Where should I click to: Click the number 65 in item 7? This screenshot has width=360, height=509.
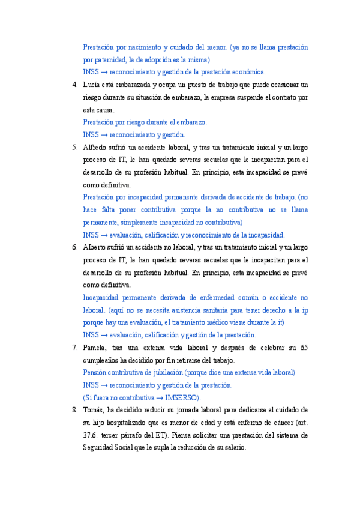pyautogui.click(x=304, y=348)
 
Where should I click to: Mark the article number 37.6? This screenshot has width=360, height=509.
pyautogui.click(x=91, y=435)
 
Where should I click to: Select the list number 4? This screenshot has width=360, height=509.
pyautogui.click(x=74, y=85)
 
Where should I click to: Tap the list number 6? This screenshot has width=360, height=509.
pyautogui.click(x=74, y=247)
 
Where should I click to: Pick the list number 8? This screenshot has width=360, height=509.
pyautogui.click(x=74, y=410)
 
